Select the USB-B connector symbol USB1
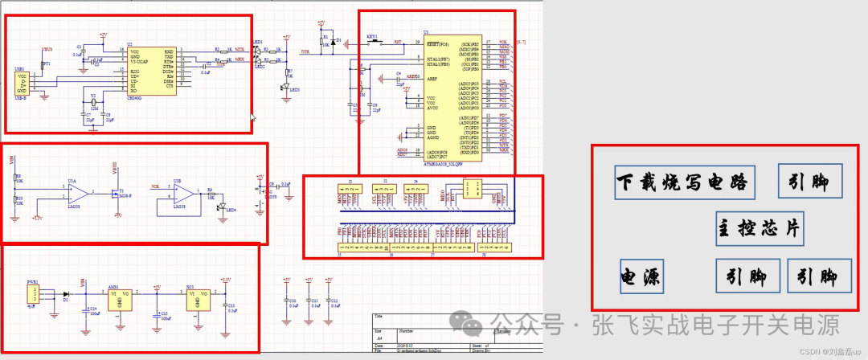pos(24,84)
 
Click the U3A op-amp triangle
pos(77,194)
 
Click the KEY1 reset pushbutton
pos(372,42)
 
